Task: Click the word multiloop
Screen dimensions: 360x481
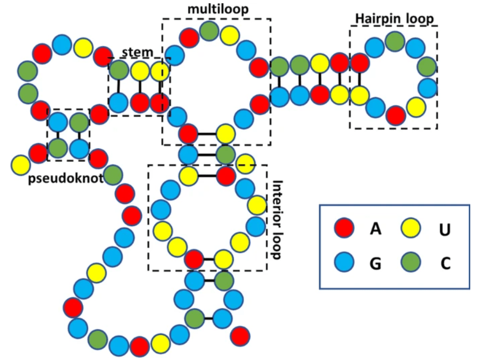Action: (214, 9)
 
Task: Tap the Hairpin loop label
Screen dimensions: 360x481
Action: (394, 18)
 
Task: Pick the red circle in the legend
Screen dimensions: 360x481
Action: (343, 229)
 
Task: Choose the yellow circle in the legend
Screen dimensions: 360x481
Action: (411, 229)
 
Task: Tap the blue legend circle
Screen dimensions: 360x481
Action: (343, 263)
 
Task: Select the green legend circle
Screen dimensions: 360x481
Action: (411, 263)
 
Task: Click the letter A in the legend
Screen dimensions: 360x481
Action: (375, 229)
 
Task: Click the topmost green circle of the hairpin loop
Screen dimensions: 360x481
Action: (395, 41)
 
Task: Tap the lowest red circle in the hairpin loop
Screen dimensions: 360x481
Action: (396, 116)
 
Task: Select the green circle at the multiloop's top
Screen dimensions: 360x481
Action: (209, 32)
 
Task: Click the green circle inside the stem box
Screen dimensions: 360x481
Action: (119, 70)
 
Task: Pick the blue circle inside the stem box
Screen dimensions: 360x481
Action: (119, 102)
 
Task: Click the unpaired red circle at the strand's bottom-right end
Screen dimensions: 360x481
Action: (240, 336)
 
